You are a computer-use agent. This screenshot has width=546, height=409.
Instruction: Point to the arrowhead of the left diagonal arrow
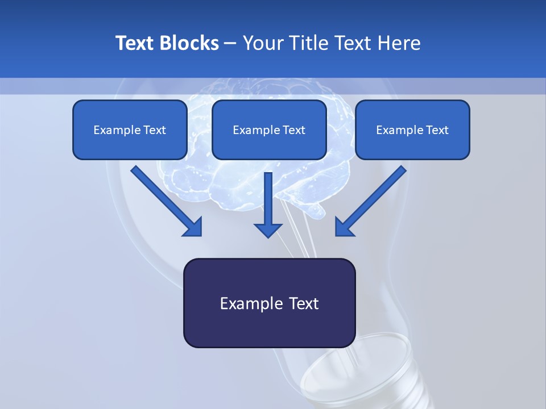[193, 227]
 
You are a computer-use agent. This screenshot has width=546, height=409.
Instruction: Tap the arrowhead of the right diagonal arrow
[344, 227]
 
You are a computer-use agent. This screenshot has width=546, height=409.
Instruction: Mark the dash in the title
[230, 43]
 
